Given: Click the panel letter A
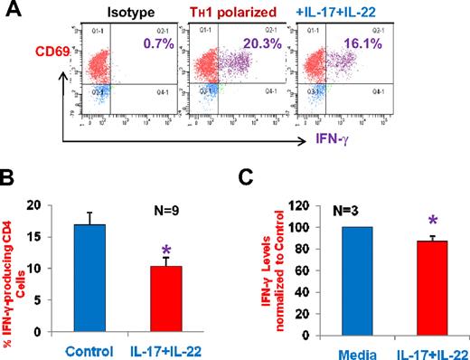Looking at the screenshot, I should coord(12,12).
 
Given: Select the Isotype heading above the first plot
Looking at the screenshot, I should coord(127,14).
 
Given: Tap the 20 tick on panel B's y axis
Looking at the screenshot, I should coord(33,204).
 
